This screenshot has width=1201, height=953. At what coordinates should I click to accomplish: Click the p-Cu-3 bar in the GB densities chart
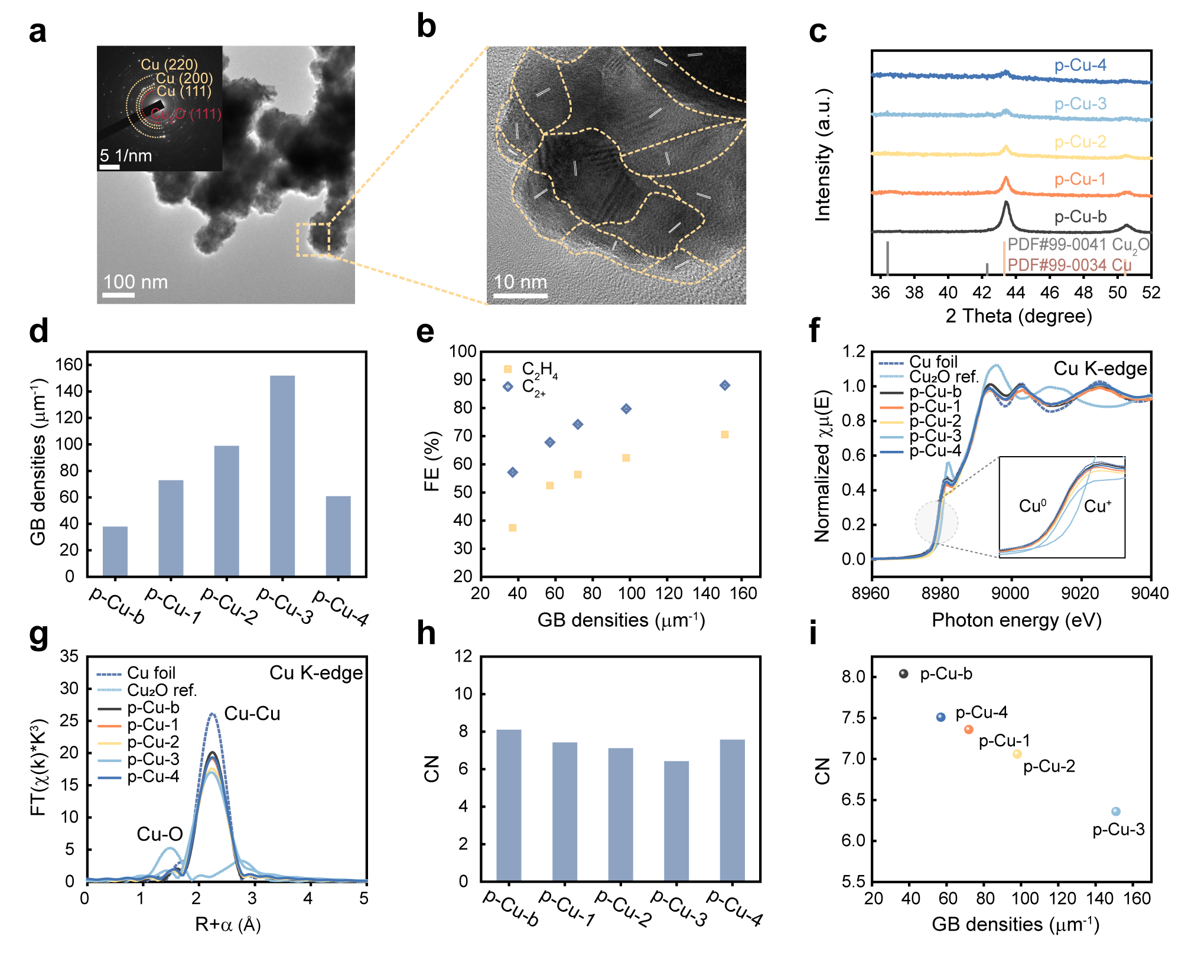pyautogui.click(x=282, y=476)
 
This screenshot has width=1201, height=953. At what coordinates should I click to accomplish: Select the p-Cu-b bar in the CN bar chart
pyautogui.click(x=509, y=805)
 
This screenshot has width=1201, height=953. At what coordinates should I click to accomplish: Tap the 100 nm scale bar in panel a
pyautogui.click(x=119, y=294)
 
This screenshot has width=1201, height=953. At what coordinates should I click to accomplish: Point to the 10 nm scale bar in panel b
pyautogui.click(x=520, y=295)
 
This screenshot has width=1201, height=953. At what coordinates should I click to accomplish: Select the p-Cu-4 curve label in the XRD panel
pyautogui.click(x=1080, y=64)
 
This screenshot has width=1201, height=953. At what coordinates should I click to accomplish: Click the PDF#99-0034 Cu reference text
pyautogui.click(x=1069, y=265)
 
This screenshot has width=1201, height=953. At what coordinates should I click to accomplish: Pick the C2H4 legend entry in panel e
pyautogui.click(x=530, y=370)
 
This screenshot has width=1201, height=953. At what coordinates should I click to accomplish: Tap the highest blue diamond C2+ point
pyautogui.click(x=725, y=385)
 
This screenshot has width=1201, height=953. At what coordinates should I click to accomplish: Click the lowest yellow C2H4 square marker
pyautogui.click(x=512, y=528)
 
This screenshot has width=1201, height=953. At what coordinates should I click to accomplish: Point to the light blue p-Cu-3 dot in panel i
pyautogui.click(x=1115, y=811)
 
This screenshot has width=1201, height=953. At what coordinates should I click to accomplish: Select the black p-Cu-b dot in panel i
pyautogui.click(x=903, y=674)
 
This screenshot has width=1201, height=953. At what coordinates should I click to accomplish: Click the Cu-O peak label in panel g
pyautogui.click(x=160, y=834)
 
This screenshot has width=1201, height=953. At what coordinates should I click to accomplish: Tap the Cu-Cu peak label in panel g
pyautogui.click(x=252, y=713)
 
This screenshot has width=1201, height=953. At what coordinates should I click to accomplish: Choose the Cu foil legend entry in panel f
pyautogui.click(x=918, y=362)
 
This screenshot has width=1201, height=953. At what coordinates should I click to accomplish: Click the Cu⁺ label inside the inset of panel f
pyautogui.click(x=1098, y=506)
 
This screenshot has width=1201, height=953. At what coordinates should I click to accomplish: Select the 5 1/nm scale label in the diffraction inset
pyautogui.click(x=126, y=155)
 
